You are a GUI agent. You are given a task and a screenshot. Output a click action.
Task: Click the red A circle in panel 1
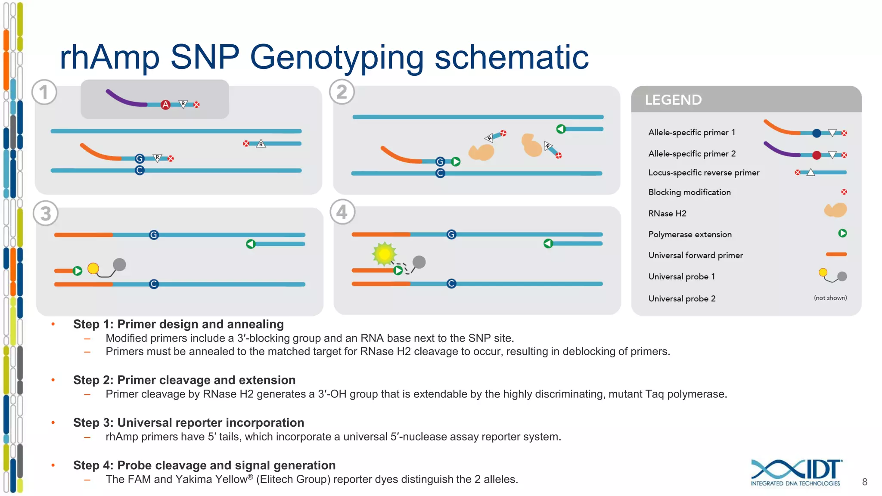coord(165,105)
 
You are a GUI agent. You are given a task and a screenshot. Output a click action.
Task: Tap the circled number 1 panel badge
coord(44,92)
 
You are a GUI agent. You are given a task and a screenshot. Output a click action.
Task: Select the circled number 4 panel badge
coord(342,212)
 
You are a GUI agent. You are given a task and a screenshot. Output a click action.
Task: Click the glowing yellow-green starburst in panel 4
coord(384,254)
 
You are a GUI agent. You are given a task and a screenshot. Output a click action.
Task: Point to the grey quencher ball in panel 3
coord(119,264)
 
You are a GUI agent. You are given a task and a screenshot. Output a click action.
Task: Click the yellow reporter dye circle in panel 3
coord(93,269)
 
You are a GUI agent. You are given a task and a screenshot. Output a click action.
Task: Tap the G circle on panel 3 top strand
coord(154,235)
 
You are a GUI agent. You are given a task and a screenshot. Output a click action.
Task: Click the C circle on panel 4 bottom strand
coord(451,284)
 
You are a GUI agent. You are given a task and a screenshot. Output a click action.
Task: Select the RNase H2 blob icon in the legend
coord(835,211)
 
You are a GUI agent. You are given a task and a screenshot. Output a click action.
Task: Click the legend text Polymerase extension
coord(690,234)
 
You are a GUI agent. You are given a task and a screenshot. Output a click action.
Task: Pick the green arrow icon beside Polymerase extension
coord(842,233)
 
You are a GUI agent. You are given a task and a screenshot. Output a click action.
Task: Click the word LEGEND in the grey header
coord(673,100)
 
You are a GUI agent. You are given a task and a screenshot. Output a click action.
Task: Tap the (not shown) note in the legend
coord(830,298)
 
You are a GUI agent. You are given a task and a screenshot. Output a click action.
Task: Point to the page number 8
coord(864,482)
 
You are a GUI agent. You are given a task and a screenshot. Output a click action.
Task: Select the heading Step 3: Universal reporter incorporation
coord(189,422)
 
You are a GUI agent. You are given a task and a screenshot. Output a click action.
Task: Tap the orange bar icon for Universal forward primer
coord(836,254)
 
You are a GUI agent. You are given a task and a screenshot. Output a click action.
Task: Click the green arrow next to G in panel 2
coord(456,162)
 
